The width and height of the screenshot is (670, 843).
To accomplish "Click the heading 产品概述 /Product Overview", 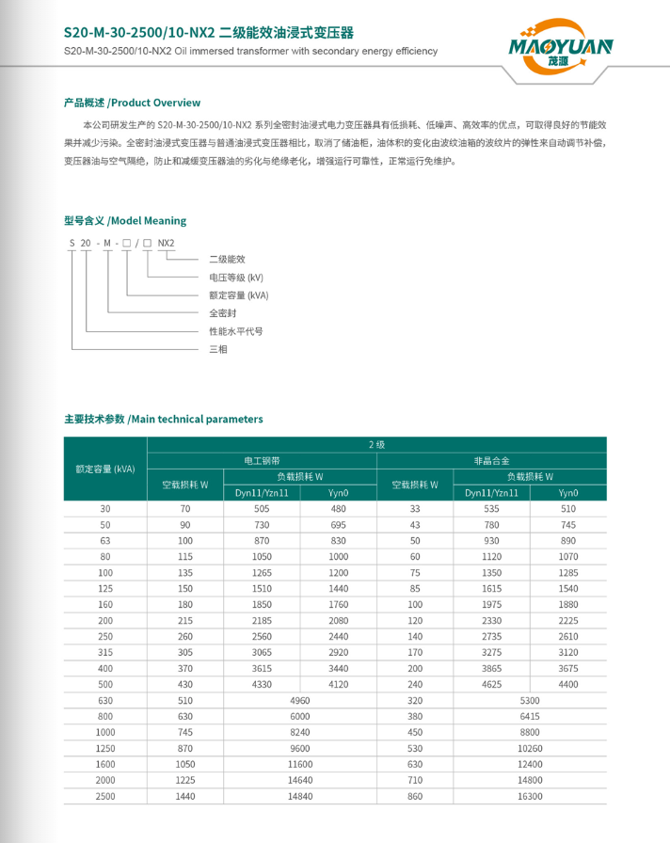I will point(132,103).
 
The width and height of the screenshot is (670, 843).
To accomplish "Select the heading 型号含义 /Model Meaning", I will point(125,221).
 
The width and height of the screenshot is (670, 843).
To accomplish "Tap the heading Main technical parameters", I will point(164,419).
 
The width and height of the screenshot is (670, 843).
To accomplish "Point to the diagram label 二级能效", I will point(227,259).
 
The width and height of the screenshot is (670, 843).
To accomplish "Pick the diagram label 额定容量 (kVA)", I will point(239,294).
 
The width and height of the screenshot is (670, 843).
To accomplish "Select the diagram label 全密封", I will point(222,313).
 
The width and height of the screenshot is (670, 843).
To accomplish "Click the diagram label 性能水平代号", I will point(235,331).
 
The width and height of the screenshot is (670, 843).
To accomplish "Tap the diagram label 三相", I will point(217,349).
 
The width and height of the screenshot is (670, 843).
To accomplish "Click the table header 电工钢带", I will point(262,461).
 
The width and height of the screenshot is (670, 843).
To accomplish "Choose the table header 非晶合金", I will point(491,461).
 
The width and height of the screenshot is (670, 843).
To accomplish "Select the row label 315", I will point(105,651).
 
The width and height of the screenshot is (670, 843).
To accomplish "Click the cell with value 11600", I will point(300,764).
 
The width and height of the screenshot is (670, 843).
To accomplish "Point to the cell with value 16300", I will point(530,796).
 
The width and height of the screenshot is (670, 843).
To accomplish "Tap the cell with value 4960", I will point(300,700).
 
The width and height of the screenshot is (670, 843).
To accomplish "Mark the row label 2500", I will point(105,796).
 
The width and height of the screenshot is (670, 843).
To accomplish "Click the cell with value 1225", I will point(185,780).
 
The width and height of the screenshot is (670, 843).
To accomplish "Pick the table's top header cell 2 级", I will point(376,444).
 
